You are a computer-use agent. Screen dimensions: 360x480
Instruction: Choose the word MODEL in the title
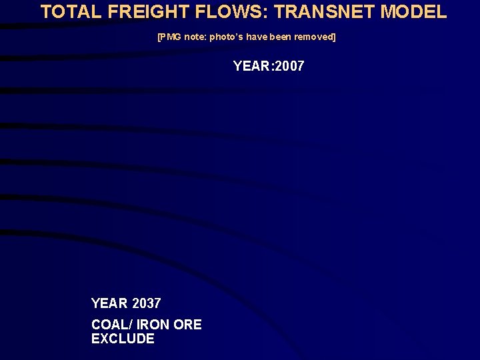(413, 11)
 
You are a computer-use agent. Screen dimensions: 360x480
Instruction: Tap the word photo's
(226, 37)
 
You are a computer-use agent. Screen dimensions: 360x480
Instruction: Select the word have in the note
(257, 37)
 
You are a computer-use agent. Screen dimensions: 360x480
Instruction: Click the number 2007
(289, 66)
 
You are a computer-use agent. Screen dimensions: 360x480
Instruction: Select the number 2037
(147, 303)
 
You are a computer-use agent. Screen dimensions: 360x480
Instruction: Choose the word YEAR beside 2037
(109, 303)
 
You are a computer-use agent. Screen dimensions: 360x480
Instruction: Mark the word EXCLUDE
(123, 339)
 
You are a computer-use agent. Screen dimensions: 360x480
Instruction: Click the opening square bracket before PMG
(159, 37)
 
